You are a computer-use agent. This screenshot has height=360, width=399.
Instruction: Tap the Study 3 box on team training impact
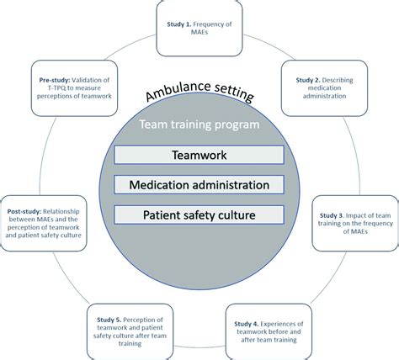pos(352,223)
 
